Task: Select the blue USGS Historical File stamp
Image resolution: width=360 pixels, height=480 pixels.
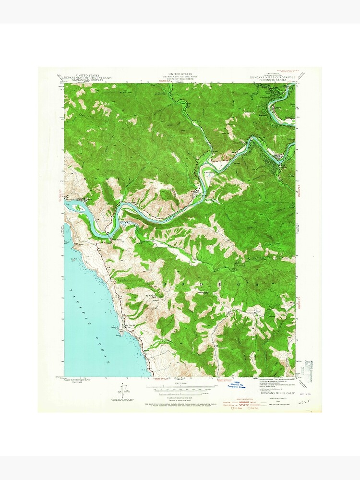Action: point(235,384)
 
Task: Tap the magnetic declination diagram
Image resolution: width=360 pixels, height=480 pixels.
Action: point(120,391)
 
